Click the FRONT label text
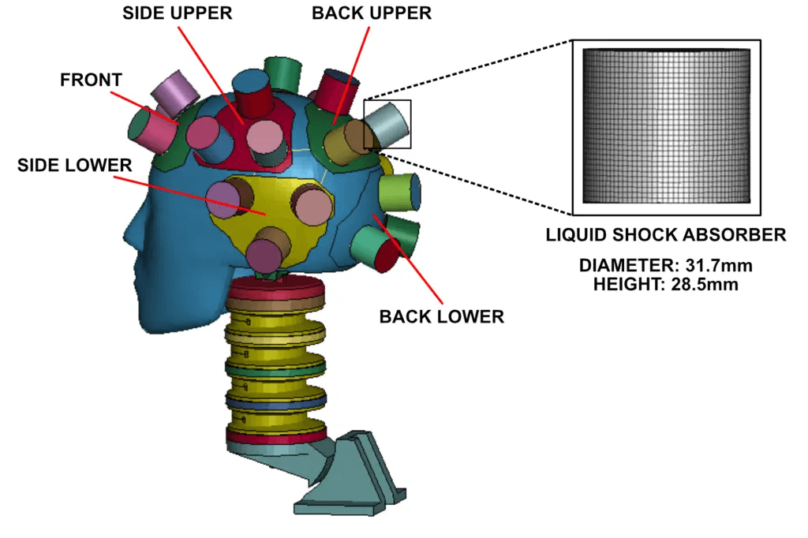[x=92, y=80]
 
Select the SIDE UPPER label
[x=178, y=13]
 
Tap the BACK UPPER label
[x=372, y=13]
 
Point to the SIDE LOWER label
[x=75, y=165]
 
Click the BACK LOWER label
[x=442, y=316]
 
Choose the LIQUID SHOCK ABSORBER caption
[x=666, y=235]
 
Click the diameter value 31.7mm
[x=719, y=265]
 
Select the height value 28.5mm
[x=705, y=284]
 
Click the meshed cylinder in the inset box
[x=666, y=125]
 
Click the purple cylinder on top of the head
[x=175, y=93]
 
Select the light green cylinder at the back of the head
[x=399, y=192]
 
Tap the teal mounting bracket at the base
[x=330, y=474]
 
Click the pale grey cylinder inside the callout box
[x=387, y=124]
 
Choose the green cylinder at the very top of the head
[x=282, y=75]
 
